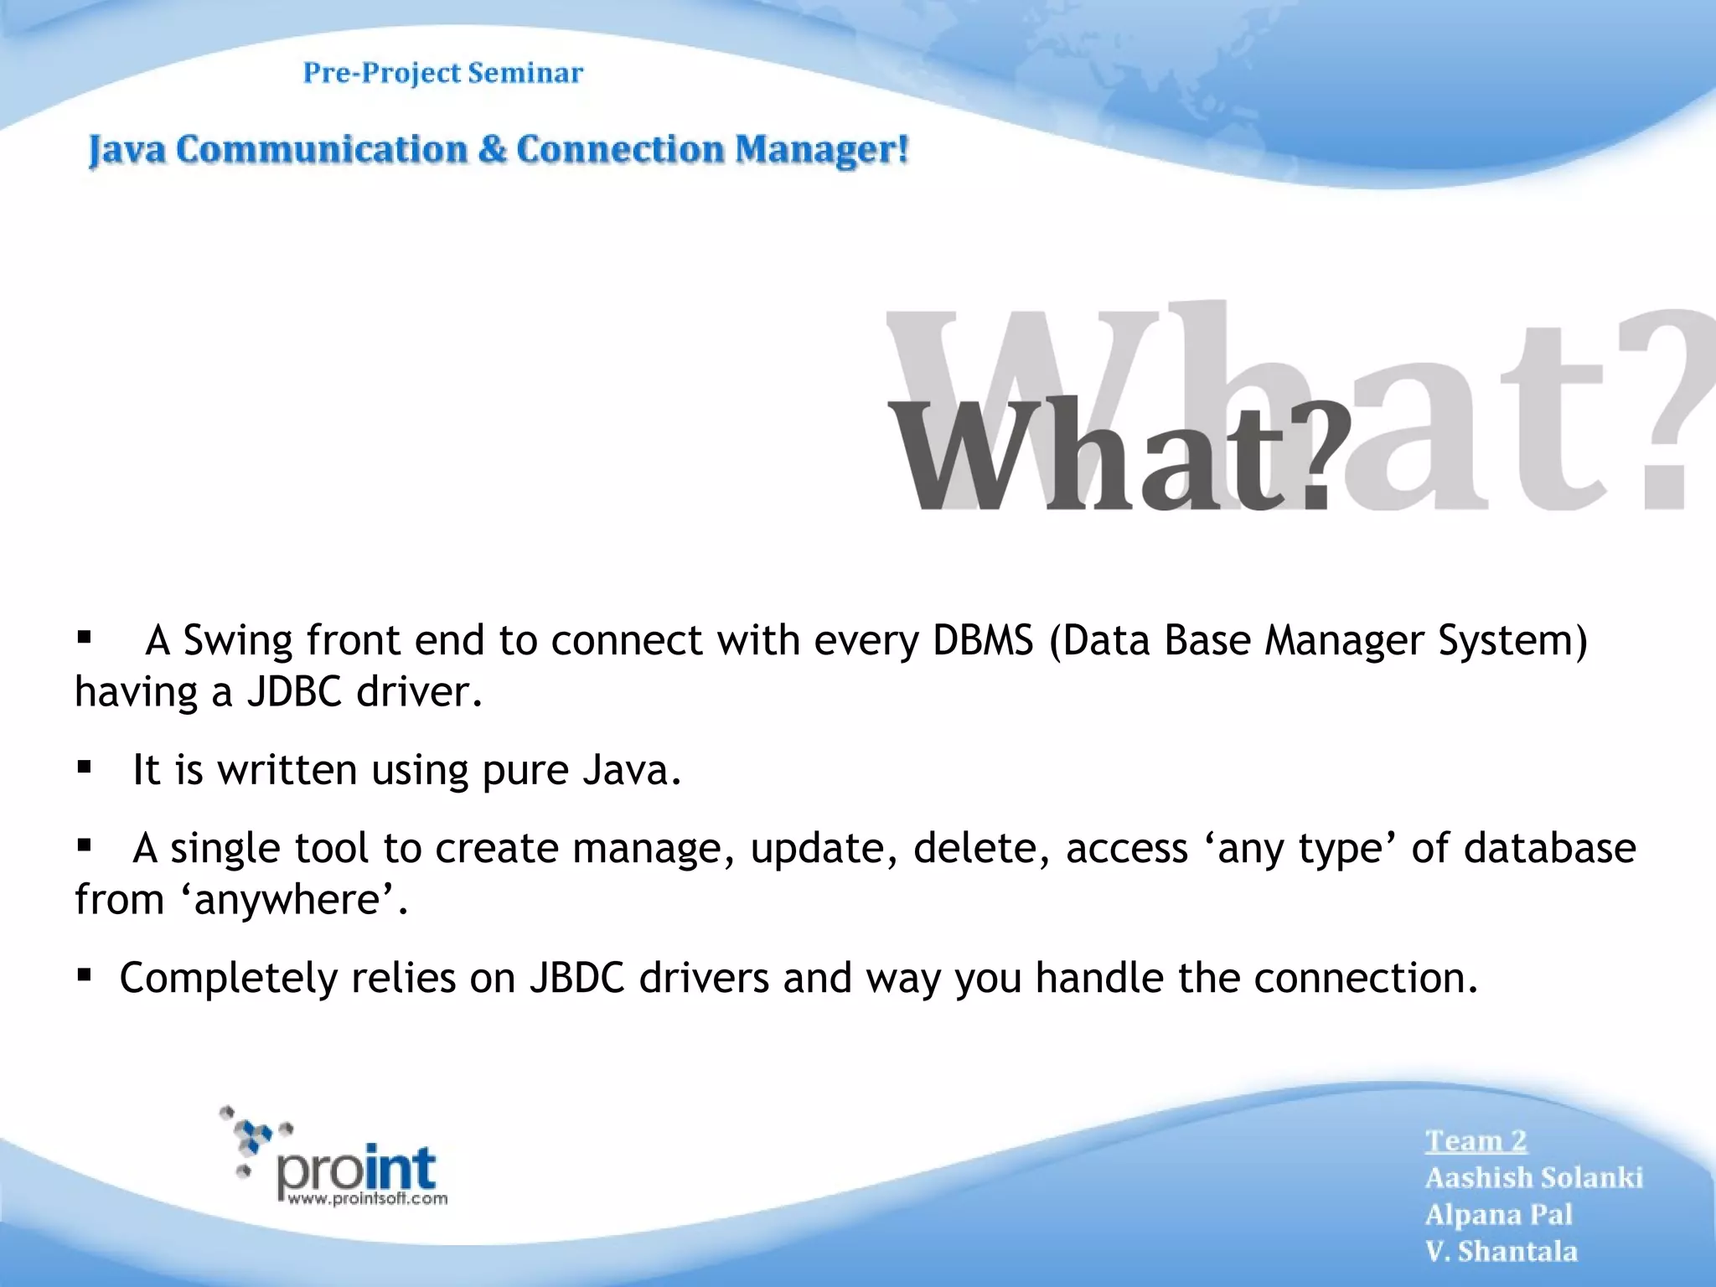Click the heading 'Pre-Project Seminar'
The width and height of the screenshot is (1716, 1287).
[x=442, y=74]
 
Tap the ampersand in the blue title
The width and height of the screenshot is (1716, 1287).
[x=493, y=151]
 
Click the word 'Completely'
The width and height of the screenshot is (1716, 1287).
[x=228, y=979]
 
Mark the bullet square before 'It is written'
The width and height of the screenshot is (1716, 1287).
[x=84, y=766]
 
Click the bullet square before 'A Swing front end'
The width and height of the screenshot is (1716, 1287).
[x=84, y=638]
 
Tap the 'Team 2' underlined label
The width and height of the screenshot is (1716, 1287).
[x=1476, y=1141]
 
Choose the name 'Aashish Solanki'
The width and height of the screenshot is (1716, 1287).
[x=1533, y=1178]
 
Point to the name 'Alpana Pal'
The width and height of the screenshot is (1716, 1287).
[x=1498, y=1215]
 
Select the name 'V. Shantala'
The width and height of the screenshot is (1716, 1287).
[x=1501, y=1252]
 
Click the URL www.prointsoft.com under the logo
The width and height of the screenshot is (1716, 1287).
[x=367, y=1199]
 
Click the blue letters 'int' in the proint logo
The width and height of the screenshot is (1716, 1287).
[x=401, y=1167]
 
